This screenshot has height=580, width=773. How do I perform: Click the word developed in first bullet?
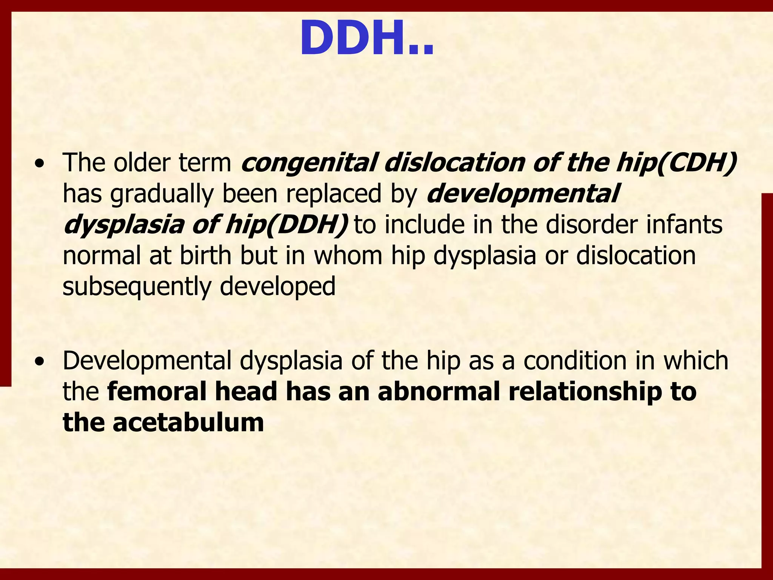click(277, 287)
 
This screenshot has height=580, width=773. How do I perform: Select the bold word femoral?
click(157, 392)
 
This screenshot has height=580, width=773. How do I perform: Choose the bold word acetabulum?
click(188, 423)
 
